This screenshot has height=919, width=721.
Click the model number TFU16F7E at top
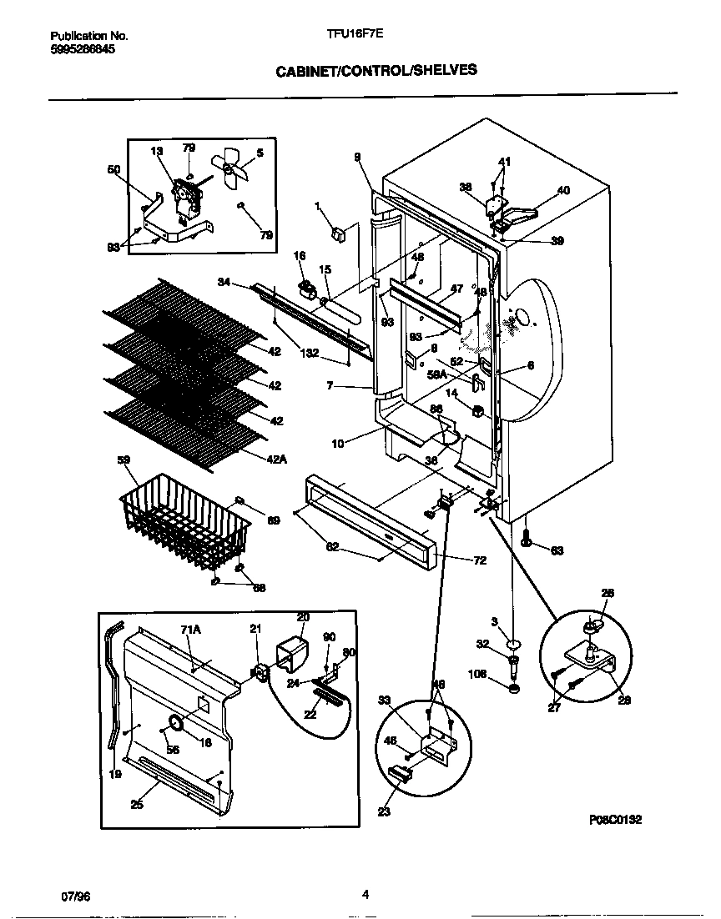349,35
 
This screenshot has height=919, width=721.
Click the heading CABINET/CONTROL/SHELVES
376,71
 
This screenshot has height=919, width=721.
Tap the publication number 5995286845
83,49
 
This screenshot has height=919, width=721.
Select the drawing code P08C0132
615,820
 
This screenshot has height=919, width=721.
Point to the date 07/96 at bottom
75,896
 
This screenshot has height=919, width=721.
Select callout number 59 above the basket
124,459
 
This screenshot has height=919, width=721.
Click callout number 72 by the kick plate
479,560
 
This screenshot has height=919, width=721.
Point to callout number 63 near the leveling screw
557,550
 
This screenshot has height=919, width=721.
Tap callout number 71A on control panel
192,631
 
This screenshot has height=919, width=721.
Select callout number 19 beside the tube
115,775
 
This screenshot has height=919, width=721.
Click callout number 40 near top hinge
564,190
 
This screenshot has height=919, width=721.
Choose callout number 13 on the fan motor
156,151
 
